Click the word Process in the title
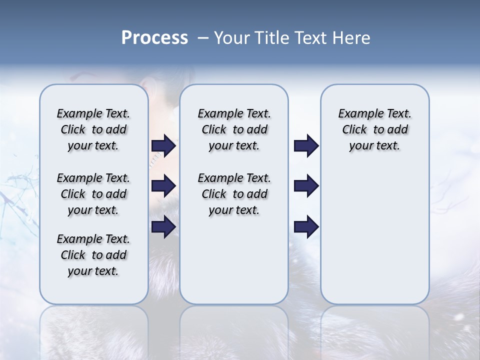click(154, 38)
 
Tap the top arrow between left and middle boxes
click(163, 145)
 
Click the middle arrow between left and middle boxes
click(163, 186)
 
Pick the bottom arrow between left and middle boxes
click(163, 226)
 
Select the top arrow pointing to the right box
click(306, 145)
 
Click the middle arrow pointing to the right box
click(306, 186)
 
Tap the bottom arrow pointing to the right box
click(306, 226)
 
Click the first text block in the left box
click(93, 129)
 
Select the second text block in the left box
click(93, 194)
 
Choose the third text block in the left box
click(93, 255)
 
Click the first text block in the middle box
click(234, 129)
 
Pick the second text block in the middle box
click(234, 194)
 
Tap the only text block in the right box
click(374, 129)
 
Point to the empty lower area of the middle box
click(234, 260)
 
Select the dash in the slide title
click(203, 38)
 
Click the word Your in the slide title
click(232, 38)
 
